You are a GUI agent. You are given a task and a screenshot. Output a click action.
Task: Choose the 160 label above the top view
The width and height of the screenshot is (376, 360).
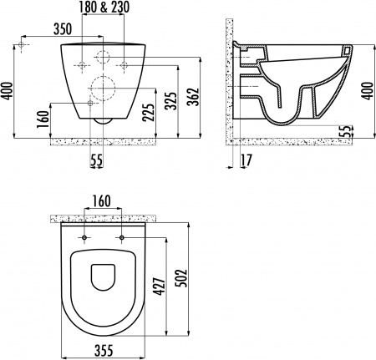103,201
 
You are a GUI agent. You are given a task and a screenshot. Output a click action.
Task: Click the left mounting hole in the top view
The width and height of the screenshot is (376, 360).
84,238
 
